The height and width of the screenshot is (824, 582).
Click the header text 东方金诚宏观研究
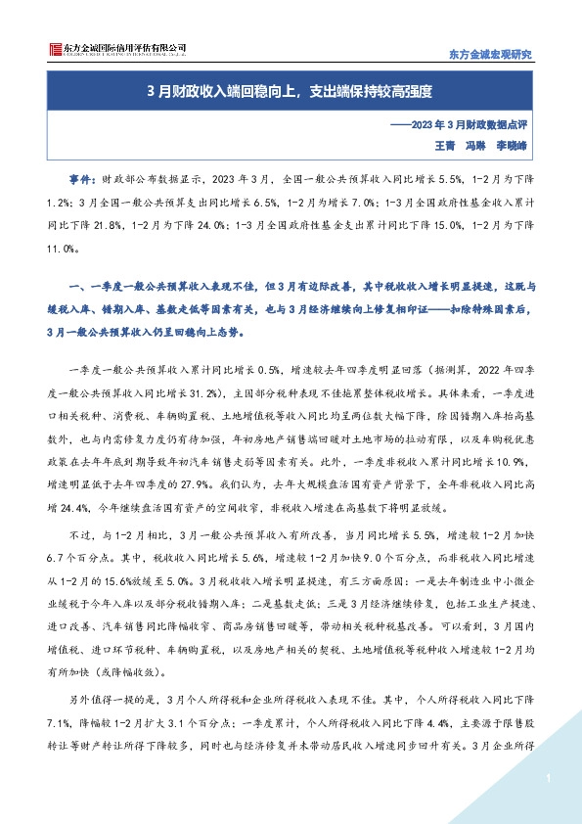coord(490,54)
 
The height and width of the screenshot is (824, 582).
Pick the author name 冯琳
coord(477,145)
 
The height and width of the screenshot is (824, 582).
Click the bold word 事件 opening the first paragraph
coord(81,180)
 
